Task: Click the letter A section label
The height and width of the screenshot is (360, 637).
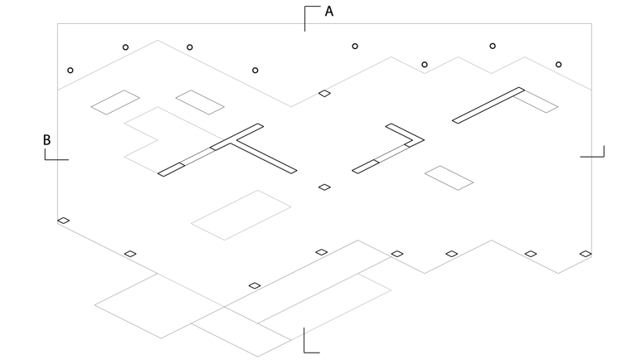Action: [x=329, y=12]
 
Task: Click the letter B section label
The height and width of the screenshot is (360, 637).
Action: [x=47, y=140]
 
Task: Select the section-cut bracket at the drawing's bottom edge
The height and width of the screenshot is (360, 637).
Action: [x=309, y=342]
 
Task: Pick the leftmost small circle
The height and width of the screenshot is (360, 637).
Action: [x=71, y=71]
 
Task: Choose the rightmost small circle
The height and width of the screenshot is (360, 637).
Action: [x=558, y=65]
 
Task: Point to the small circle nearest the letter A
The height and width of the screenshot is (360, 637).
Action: [x=355, y=46]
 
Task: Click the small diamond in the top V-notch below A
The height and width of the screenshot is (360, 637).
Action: [x=324, y=94]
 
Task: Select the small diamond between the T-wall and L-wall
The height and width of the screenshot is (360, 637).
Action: [x=324, y=187]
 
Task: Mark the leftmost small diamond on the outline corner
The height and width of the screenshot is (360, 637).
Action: [x=63, y=221]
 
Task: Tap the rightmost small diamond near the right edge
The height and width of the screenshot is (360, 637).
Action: [x=586, y=254]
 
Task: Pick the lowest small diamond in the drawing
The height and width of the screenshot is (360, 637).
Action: [x=255, y=286]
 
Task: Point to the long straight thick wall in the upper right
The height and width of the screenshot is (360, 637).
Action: [x=488, y=105]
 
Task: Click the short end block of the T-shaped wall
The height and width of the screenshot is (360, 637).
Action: [x=171, y=170]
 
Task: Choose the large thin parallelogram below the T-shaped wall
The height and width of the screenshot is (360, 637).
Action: [x=241, y=215]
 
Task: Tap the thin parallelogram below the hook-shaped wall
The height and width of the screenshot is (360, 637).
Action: [x=449, y=178]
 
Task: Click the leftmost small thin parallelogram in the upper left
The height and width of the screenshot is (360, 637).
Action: [x=115, y=102]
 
